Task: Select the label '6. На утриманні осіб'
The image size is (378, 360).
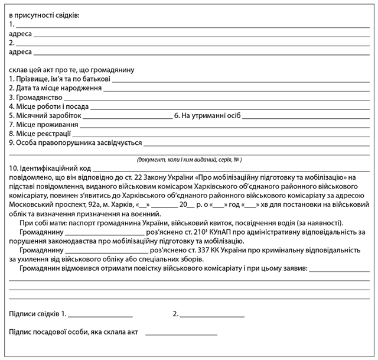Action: (207, 115)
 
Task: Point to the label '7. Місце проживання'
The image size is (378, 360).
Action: (44, 125)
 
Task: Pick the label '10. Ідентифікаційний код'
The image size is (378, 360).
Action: (51, 168)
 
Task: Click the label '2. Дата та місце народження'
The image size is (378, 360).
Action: (56, 88)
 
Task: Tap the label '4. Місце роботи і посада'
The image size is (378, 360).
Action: (48, 106)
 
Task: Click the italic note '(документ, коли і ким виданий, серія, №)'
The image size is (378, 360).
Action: (189, 160)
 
